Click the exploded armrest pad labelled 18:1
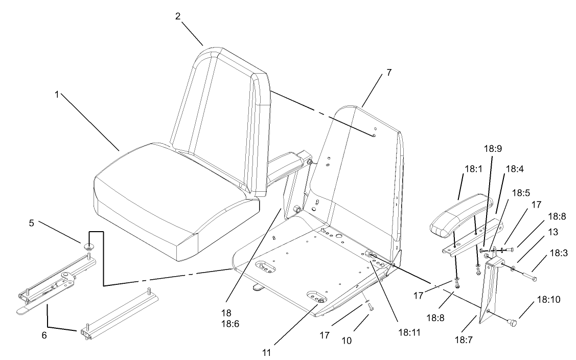tap(457, 215)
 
